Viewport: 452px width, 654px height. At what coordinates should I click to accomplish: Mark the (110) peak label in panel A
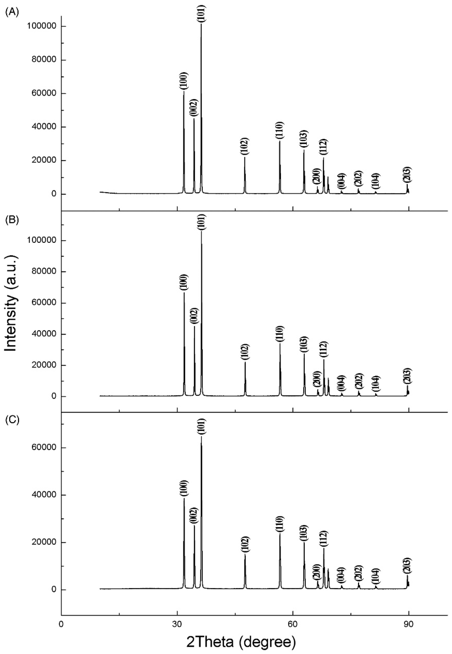coord(279,130)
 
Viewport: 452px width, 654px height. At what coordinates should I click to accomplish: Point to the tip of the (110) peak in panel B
coord(280,344)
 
